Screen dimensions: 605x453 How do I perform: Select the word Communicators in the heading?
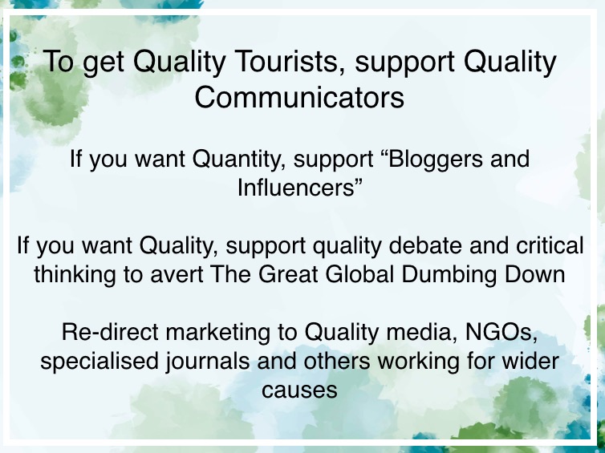299,97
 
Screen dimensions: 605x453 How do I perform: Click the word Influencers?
296,188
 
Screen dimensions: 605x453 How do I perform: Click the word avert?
177,275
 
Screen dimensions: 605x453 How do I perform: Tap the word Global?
359,274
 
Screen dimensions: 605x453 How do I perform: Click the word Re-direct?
110,332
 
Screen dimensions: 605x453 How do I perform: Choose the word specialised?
99,362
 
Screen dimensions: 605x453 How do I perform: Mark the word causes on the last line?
299,390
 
